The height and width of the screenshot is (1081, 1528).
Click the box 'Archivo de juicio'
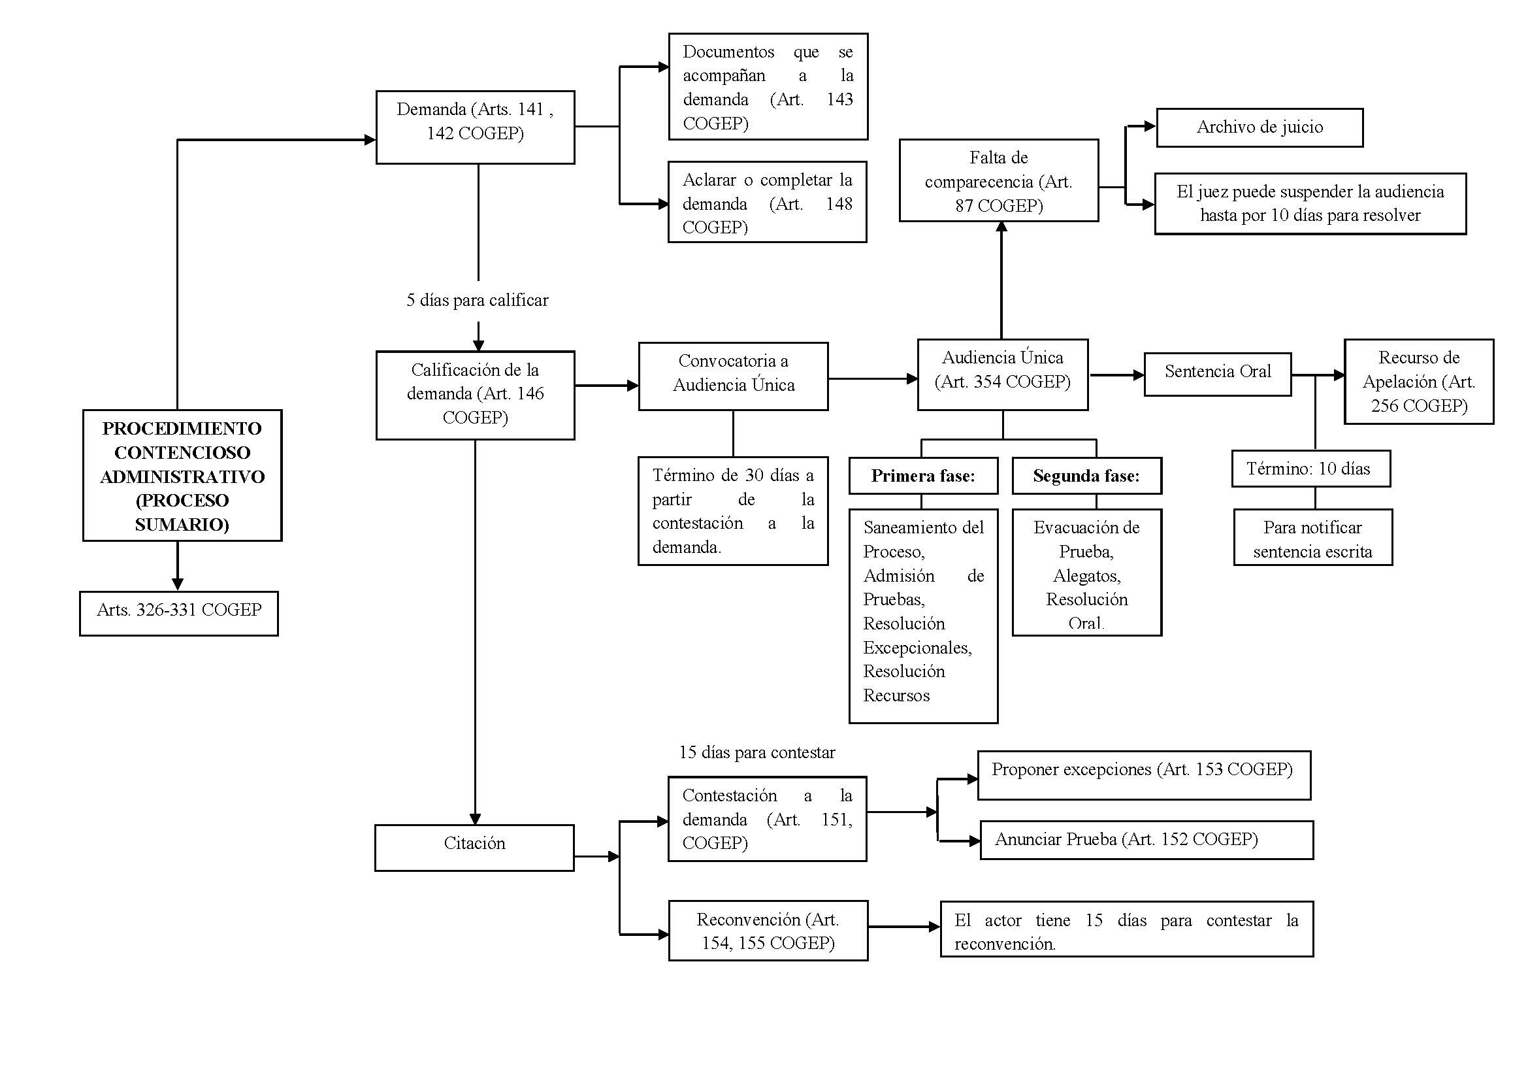pos(1259,127)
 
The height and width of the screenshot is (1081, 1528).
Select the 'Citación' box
pos(474,848)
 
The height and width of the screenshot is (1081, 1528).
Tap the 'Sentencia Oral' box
pos(1217,374)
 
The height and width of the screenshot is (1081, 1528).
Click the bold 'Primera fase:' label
pos(923,476)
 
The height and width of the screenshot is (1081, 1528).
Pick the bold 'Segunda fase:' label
pos(1086,476)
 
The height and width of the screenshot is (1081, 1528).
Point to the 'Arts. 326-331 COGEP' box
pos(179,613)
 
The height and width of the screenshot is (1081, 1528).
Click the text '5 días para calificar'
pos(477,300)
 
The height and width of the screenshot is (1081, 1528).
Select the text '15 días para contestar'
pos(756,752)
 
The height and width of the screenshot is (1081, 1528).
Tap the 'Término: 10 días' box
pos(1311,469)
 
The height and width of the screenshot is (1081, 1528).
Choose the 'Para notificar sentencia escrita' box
pos(1313,537)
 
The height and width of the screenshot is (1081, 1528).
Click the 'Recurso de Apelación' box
pos(1419,382)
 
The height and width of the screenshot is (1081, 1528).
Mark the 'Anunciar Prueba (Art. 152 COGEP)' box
pos(1146,840)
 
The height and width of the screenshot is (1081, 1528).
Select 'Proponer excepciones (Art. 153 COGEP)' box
pos(1144,776)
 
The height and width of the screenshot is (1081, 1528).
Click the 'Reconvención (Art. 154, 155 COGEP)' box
pos(768,931)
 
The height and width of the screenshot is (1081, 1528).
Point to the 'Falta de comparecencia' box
pos(999,180)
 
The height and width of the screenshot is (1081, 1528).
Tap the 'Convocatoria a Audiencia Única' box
pos(734,376)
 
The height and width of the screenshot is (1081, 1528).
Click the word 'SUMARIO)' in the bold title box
pos(182,525)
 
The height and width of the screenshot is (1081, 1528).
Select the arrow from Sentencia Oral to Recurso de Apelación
pos(1318,375)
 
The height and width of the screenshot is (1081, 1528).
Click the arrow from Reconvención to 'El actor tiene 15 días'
pos(904,927)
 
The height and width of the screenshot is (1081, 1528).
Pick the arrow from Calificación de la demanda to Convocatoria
pos(606,385)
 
